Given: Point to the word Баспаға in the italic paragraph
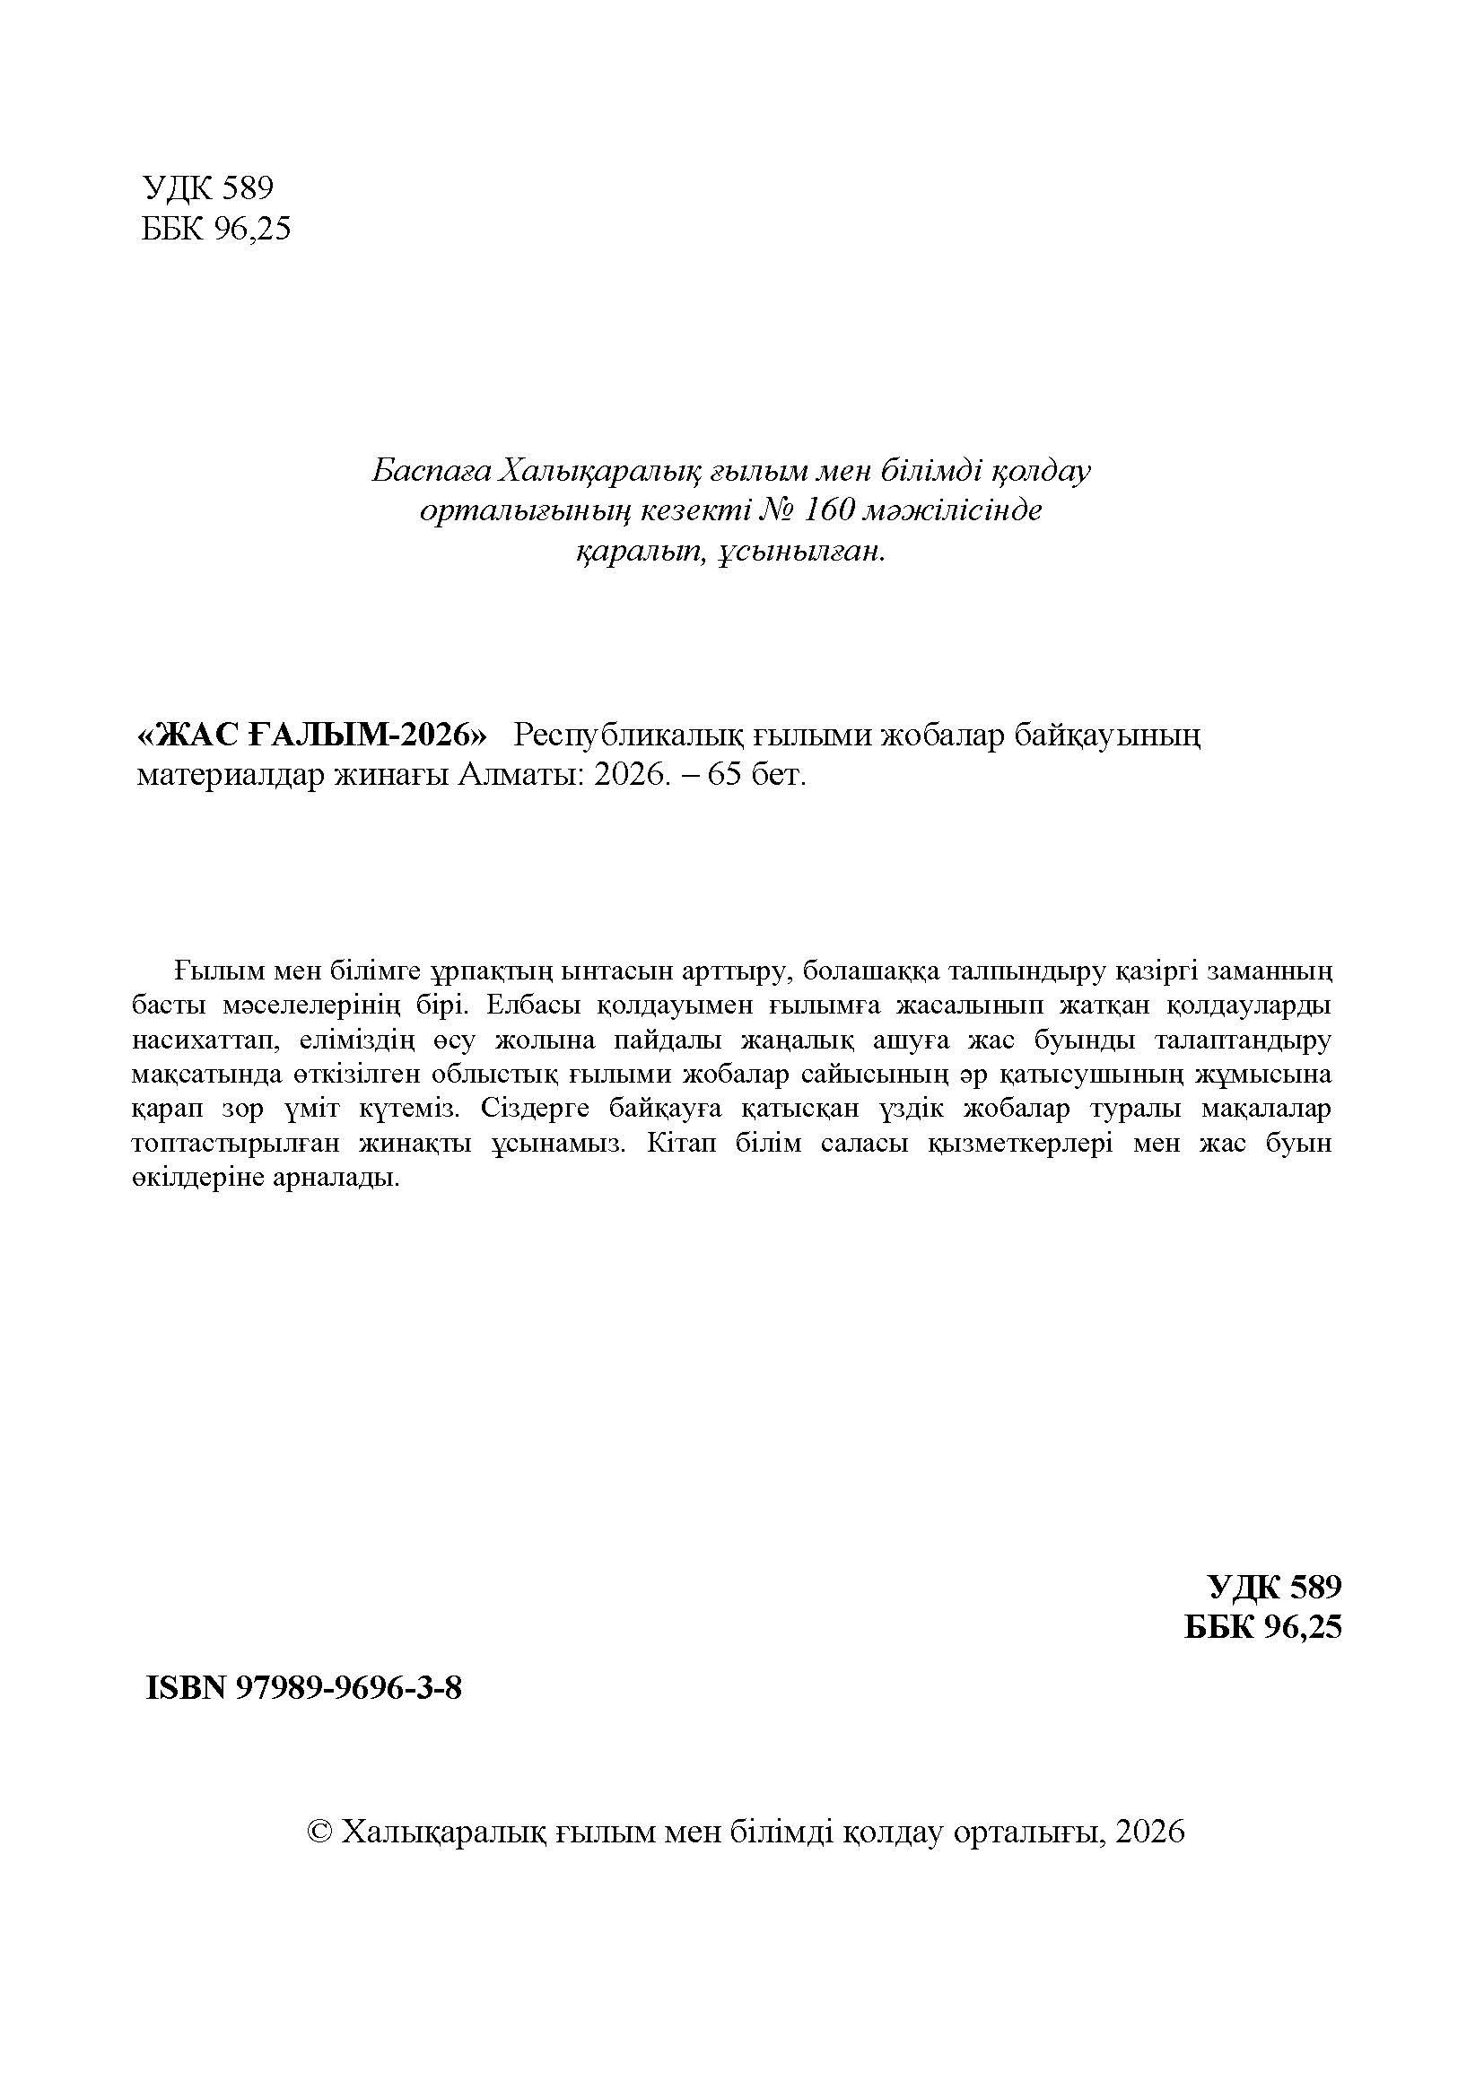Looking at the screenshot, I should coord(426,471).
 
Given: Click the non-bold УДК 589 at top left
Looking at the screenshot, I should coord(208,188).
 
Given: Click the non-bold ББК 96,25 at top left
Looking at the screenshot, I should coord(215,229).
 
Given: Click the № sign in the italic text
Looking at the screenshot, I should coord(776,510).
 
